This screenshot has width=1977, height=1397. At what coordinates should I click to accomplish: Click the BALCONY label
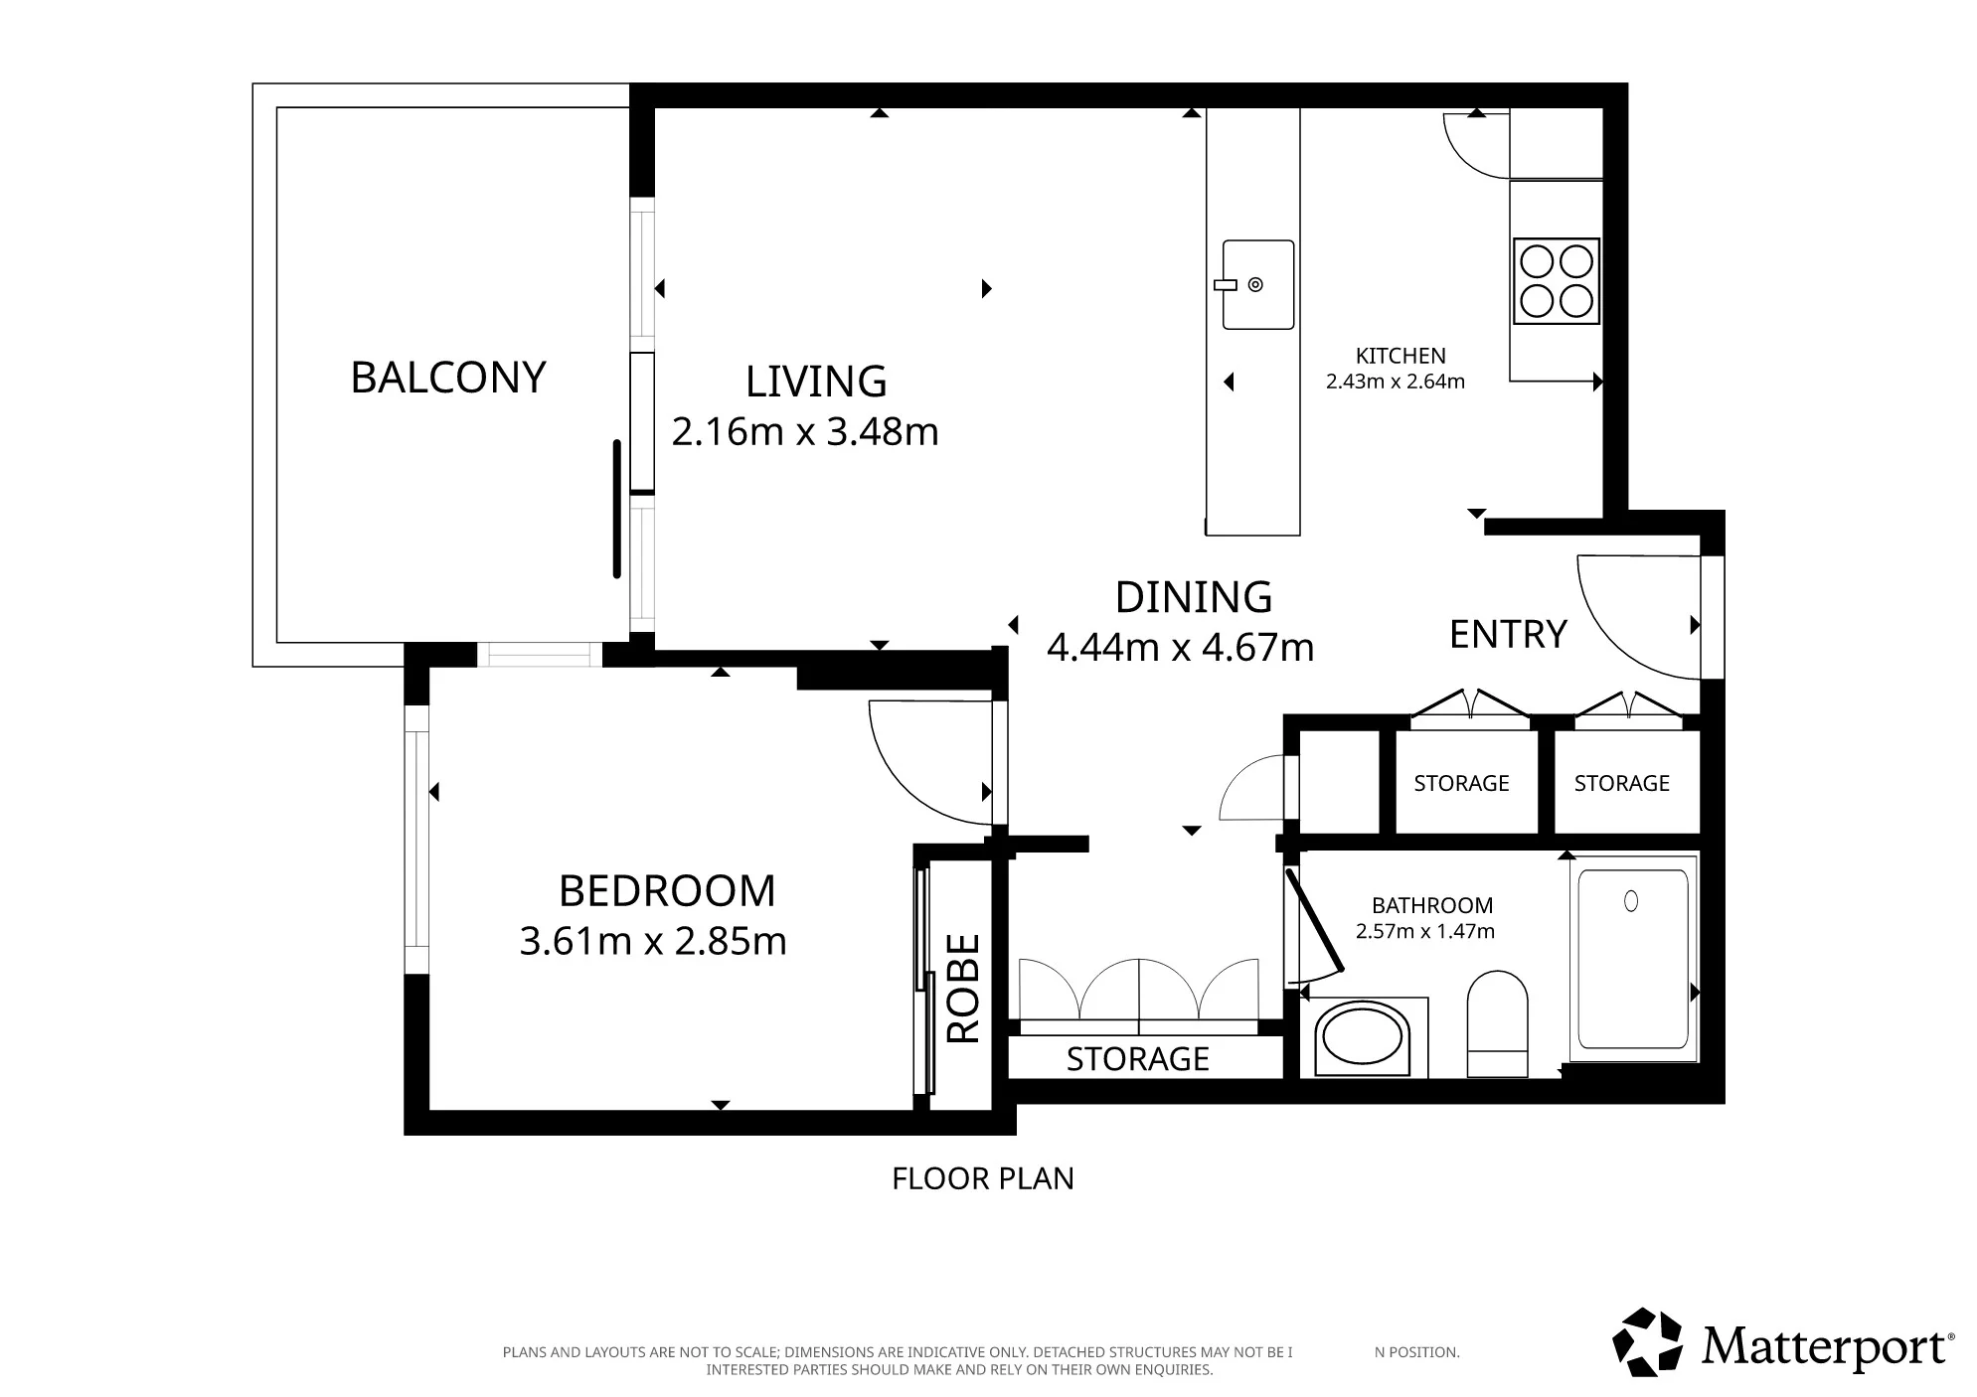448,378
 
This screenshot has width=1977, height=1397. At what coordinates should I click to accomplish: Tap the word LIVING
816,382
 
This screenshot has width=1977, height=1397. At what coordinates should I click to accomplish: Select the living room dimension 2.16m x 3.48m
805,432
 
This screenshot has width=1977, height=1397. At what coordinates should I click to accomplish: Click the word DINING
1194,597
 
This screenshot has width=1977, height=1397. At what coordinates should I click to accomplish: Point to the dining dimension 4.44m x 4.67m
1181,648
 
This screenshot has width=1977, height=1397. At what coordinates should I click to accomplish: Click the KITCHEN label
1400,356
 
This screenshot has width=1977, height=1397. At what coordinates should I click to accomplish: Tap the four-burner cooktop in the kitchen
1557,281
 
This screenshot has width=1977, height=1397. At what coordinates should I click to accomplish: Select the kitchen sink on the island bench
1258,284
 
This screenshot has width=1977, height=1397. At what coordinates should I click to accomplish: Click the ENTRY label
1508,634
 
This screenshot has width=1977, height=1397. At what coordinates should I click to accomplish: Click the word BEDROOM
667,891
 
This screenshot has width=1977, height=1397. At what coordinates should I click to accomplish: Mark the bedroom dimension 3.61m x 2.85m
653,941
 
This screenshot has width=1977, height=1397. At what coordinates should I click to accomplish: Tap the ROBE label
963,989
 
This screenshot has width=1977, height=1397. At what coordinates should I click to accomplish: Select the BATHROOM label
1432,905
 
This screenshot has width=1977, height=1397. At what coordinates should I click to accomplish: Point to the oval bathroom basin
1362,1040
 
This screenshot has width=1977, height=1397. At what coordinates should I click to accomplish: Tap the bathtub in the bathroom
1633,959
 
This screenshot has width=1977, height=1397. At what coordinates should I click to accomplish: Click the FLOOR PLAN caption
983,1178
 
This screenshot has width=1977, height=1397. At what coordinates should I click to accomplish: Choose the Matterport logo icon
1646,1342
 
